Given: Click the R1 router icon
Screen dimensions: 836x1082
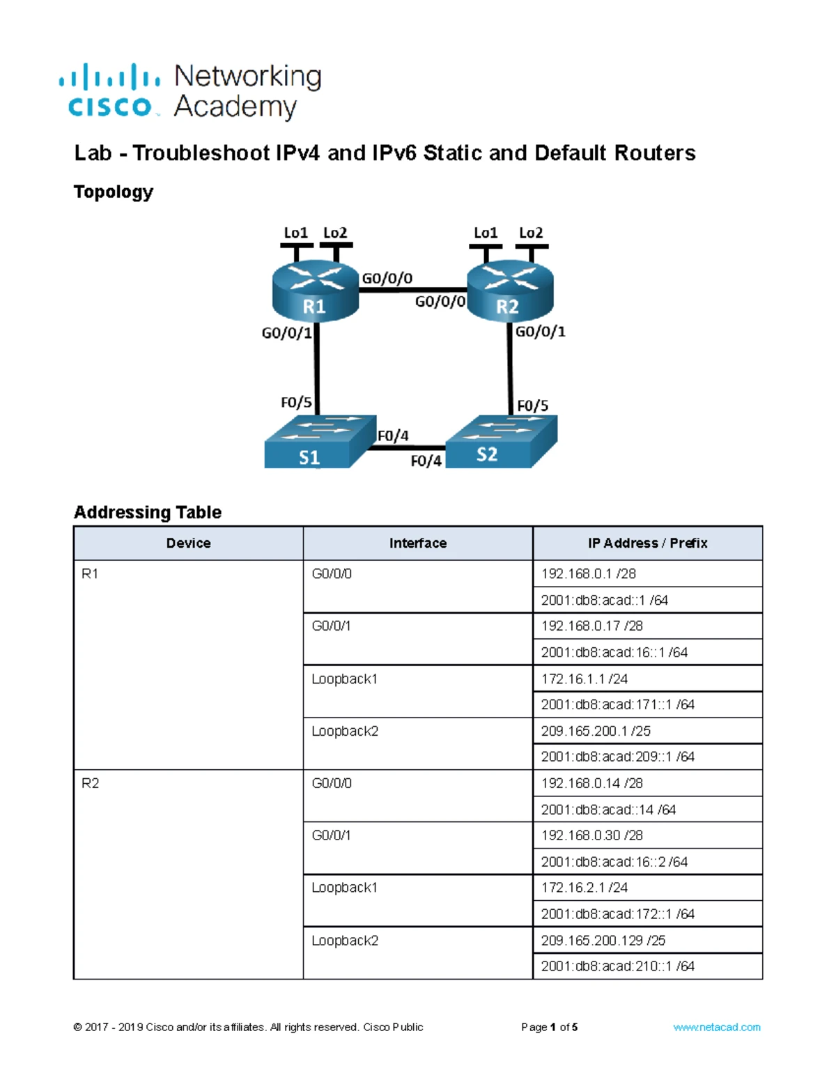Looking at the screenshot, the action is tap(315, 291).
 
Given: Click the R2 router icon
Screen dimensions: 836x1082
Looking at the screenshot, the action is tap(510, 291).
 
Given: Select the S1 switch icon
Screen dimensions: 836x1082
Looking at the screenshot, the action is tap(320, 442).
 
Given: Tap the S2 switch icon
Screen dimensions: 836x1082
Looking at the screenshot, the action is tap(501, 442).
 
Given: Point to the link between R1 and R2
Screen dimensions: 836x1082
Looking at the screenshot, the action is tap(412, 290).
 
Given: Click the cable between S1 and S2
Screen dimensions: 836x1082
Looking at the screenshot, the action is tap(408, 447).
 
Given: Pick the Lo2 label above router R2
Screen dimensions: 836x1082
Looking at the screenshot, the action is tap(531, 233).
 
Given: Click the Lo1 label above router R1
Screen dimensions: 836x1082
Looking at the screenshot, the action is tap(296, 233).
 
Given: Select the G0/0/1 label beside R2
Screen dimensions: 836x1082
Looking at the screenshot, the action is tap(540, 332).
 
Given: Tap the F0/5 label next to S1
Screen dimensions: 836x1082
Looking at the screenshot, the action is tap(296, 402).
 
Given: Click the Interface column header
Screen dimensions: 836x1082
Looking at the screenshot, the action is tap(418, 543).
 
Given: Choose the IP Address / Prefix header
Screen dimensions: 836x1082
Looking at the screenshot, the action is tap(647, 543).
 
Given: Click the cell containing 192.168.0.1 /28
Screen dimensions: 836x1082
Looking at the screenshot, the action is tap(647, 573).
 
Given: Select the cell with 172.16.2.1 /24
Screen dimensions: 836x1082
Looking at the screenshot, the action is tap(647, 887).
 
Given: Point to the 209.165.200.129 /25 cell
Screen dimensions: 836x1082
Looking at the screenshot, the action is tap(647, 940).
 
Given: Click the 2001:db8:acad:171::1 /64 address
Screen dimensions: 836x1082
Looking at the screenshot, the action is tap(617, 704).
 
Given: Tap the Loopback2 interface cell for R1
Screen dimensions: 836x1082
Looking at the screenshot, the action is tap(418, 743).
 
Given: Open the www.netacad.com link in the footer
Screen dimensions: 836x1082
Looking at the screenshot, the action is tap(716, 1027).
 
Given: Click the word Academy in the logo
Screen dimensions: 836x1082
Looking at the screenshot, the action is tap(235, 107).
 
